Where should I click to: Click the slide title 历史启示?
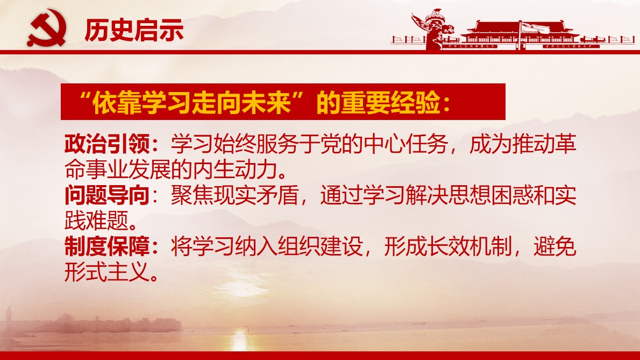[x=134, y=31]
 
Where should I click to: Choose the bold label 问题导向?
[x=106, y=196]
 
